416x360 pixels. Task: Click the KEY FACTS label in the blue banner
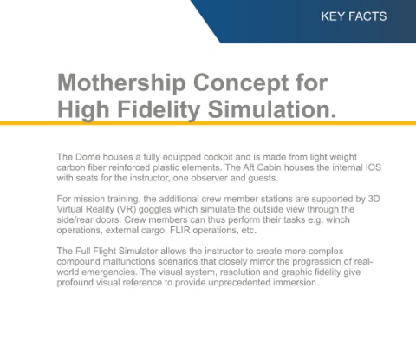click(354, 16)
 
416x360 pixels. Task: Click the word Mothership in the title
click(121, 83)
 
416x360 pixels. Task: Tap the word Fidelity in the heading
click(159, 109)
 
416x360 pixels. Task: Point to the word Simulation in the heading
click(270, 109)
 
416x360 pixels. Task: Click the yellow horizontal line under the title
click(208, 123)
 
